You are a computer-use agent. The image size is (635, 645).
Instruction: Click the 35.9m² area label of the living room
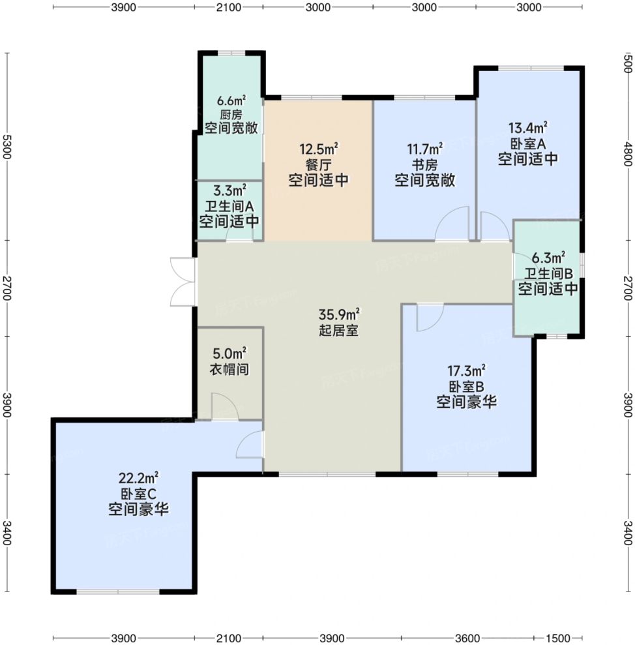[x=339, y=315]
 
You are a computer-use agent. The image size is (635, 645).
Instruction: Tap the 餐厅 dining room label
[x=318, y=165]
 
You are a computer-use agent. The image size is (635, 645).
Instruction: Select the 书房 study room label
[x=425, y=165]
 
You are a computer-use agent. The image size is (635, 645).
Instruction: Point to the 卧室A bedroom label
[x=528, y=143]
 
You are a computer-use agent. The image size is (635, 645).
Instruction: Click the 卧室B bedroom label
[x=466, y=387]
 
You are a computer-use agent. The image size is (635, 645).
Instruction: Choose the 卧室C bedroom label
[x=139, y=494]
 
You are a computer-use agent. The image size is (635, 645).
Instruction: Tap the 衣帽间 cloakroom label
[x=229, y=369]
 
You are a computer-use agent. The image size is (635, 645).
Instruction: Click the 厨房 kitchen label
[x=231, y=114]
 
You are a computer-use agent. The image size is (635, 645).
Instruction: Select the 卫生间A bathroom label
[x=229, y=206]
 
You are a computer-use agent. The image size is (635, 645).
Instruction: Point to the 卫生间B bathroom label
[x=548, y=273]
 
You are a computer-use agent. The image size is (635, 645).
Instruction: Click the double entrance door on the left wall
[x=183, y=282]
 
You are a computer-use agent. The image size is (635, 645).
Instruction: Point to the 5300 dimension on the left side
[x=7, y=147]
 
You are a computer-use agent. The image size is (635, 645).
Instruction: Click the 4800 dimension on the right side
[x=628, y=154]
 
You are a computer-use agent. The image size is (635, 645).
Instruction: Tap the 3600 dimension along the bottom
[x=467, y=638]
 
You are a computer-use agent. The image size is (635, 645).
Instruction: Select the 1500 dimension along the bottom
[x=557, y=638]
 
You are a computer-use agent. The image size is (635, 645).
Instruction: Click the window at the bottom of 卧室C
[x=118, y=592]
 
